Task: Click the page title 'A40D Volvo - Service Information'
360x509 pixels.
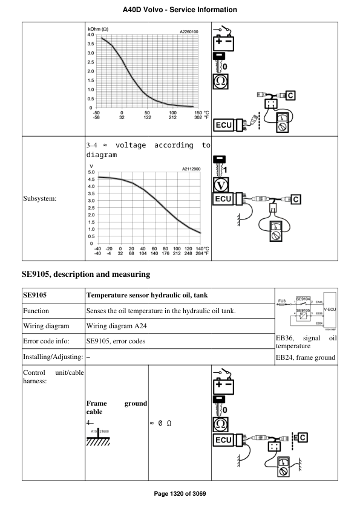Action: point(180,10)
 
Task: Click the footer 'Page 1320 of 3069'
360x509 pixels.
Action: point(180,494)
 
